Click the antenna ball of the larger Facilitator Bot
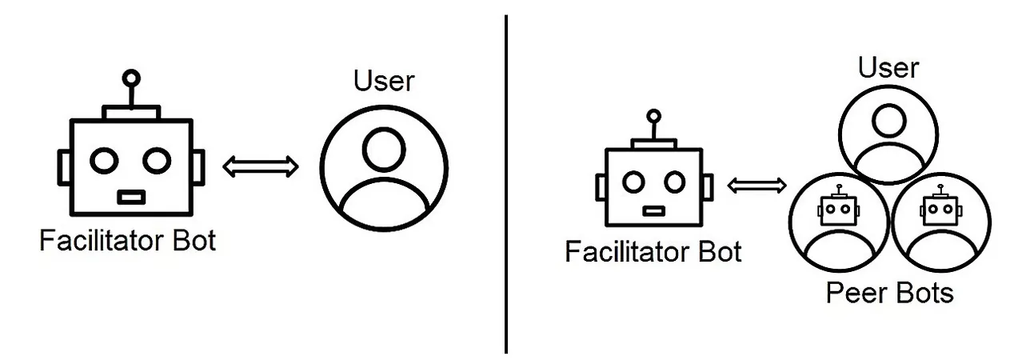(x=131, y=78)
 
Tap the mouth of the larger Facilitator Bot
(x=131, y=198)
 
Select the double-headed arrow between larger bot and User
(x=261, y=166)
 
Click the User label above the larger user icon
(x=384, y=81)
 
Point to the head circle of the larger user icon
(x=384, y=150)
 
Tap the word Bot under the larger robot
(x=194, y=240)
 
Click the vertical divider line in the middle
(x=506, y=184)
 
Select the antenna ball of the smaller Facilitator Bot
(x=653, y=116)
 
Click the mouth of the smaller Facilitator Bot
(x=654, y=211)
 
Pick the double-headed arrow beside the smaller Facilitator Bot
(x=757, y=186)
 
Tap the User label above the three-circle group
(x=888, y=68)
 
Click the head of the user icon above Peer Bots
(x=888, y=121)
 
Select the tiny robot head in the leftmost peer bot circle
(x=839, y=208)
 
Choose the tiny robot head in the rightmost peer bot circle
(x=941, y=208)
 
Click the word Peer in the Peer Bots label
(x=856, y=293)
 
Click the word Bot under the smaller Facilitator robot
(x=720, y=251)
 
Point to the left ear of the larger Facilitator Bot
(x=64, y=167)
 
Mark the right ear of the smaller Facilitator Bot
(x=708, y=187)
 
